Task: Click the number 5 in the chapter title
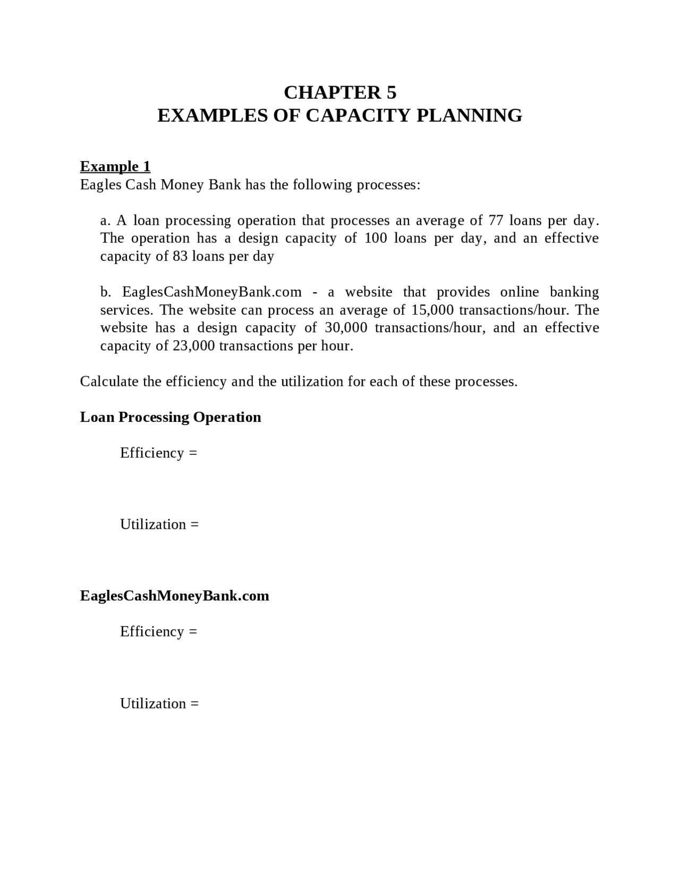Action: pos(391,92)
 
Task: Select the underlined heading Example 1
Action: pos(115,166)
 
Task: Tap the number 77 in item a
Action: pos(496,220)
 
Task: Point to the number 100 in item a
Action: pos(376,238)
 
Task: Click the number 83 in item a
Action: pos(180,256)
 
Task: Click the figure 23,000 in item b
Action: pos(194,346)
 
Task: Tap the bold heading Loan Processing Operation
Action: pos(171,417)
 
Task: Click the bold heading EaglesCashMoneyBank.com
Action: pos(175,596)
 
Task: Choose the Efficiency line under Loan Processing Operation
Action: pos(158,453)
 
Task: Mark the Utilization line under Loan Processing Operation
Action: pos(159,524)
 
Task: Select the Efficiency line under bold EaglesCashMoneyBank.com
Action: pos(158,631)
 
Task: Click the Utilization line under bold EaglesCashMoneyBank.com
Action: pos(159,704)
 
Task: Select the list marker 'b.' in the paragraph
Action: pos(106,292)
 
